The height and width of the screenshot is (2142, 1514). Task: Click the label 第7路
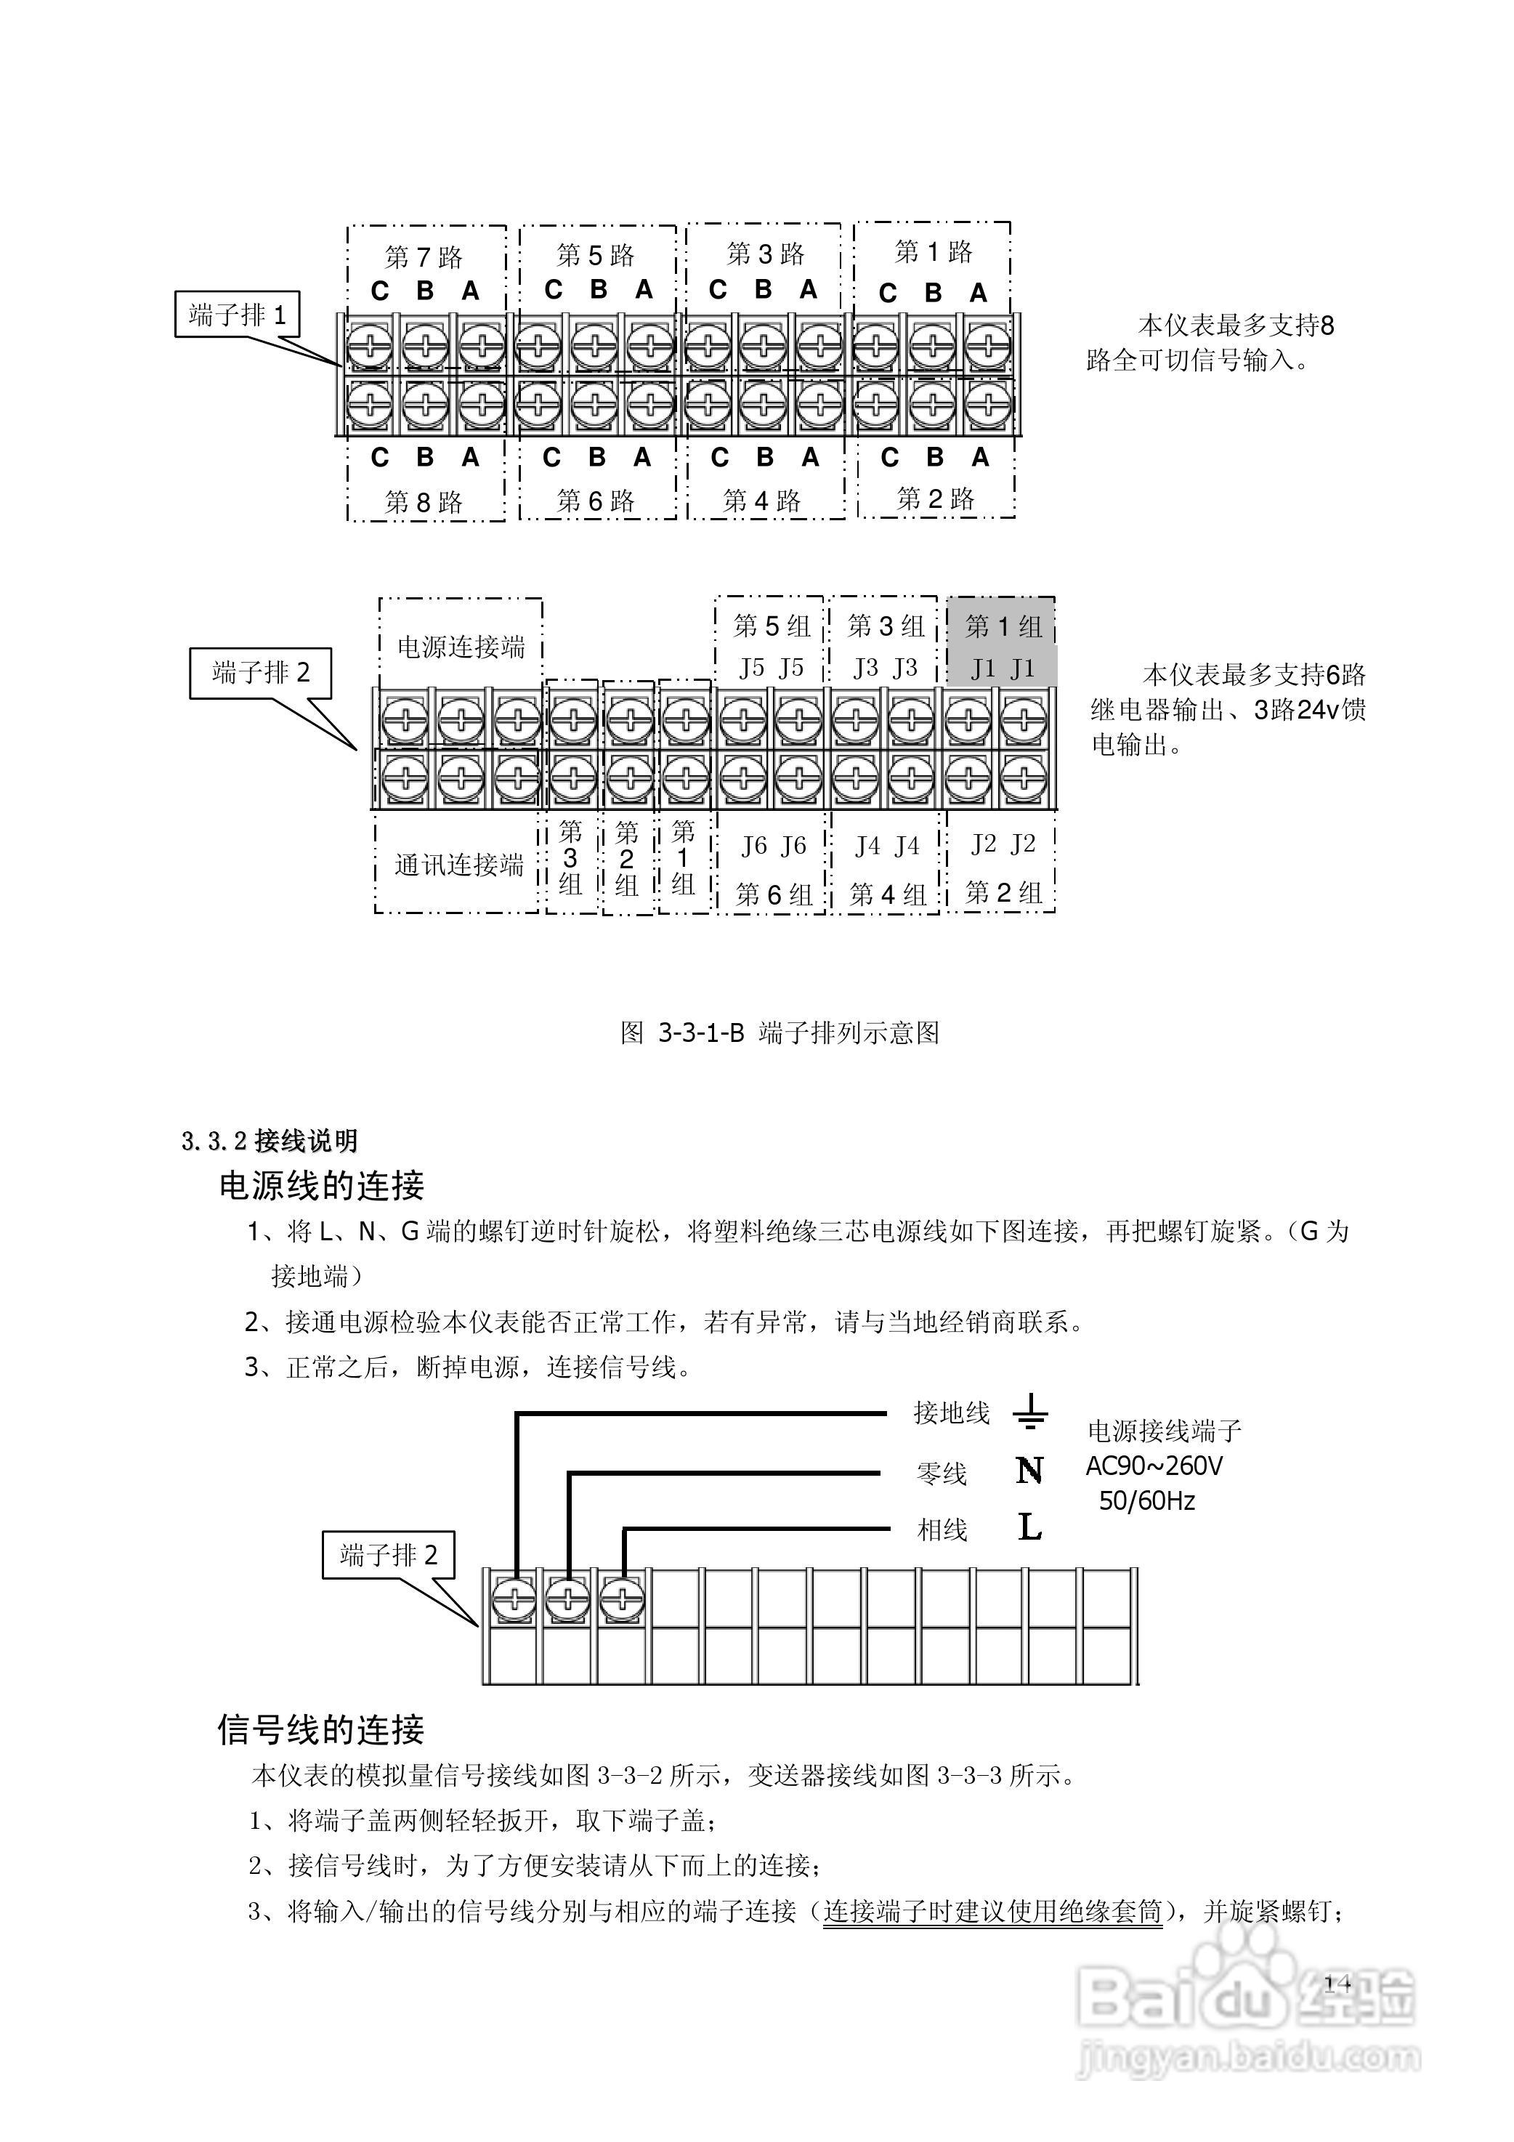coord(424,256)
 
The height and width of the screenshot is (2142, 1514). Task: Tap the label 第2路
coord(936,499)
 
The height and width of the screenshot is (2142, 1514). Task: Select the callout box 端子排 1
coord(237,315)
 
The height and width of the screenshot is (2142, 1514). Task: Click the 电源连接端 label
coord(461,647)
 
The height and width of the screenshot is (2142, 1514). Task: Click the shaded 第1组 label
coord(1003,626)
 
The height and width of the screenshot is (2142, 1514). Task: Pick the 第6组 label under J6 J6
coord(773,894)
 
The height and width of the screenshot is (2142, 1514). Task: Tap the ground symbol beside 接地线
coord(1030,1412)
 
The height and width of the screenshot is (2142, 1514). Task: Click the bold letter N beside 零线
coord(1029,1471)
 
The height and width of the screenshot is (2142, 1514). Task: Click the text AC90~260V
coord(1153,1466)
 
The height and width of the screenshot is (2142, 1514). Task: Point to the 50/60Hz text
coord(1146,1501)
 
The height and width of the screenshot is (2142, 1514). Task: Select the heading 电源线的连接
coord(322,1186)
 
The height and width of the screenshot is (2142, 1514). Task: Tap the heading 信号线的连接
coord(321,1729)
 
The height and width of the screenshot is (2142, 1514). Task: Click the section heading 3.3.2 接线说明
coord(270,1141)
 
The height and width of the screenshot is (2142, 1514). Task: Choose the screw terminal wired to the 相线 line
coord(621,1601)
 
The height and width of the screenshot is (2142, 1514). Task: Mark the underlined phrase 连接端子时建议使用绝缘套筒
coord(992,1912)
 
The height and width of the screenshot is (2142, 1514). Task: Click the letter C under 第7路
coord(380,292)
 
